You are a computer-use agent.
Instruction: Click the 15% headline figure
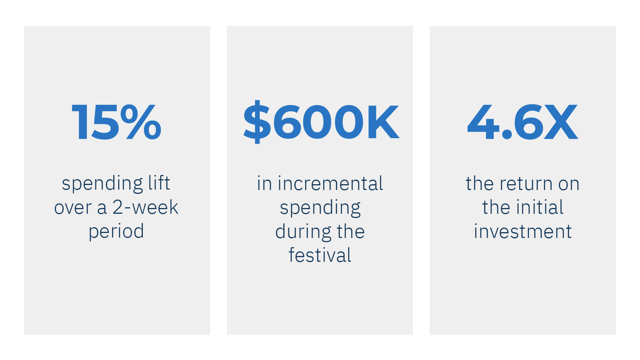[116, 122]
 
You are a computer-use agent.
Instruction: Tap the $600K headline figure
[321, 122]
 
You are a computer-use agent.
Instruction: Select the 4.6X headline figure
[522, 122]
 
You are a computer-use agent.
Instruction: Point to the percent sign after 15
[143, 122]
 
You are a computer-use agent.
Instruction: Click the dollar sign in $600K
[257, 122]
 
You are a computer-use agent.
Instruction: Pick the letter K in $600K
[383, 122]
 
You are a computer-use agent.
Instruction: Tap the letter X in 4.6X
[561, 122]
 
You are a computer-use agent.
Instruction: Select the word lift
[159, 183]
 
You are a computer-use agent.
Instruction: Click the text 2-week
[146, 208]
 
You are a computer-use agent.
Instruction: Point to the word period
[116, 232]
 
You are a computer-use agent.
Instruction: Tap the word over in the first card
[73, 208]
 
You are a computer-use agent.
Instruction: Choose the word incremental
[330, 183]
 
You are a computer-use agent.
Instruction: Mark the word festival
[320, 255]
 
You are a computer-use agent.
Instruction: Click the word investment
[523, 231]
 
